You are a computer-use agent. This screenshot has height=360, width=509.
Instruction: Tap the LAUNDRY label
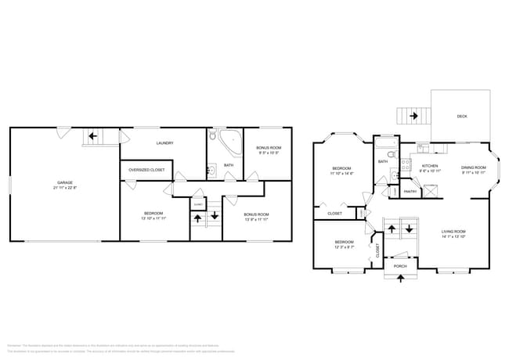pyautogui.click(x=164, y=142)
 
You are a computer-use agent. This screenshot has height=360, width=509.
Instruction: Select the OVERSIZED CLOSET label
pyautogui.click(x=146, y=170)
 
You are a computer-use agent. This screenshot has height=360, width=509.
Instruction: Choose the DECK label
pyautogui.click(x=463, y=116)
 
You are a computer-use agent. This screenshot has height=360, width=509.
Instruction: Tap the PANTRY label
pyautogui.click(x=409, y=190)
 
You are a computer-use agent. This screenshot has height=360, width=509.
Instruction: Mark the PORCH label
pyautogui.click(x=400, y=266)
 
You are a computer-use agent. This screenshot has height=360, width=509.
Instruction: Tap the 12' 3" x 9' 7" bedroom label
pyautogui.click(x=342, y=244)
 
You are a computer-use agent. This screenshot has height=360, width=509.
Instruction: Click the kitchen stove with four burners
pyautogui.click(x=406, y=164)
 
